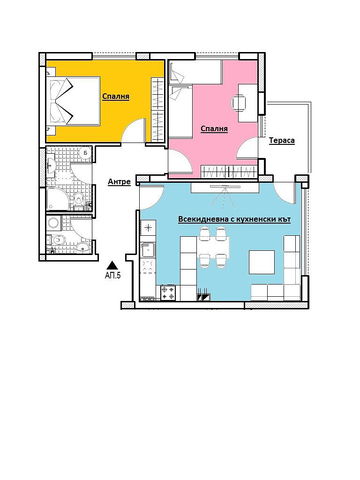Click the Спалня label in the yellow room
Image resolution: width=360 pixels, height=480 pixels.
(113, 97)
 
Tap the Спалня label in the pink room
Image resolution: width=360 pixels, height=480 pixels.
(214, 128)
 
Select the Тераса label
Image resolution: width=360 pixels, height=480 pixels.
(282, 141)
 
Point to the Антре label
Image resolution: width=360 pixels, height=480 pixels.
(119, 182)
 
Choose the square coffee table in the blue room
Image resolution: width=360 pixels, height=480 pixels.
(262, 260)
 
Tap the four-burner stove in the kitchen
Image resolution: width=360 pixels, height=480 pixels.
(169, 294)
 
